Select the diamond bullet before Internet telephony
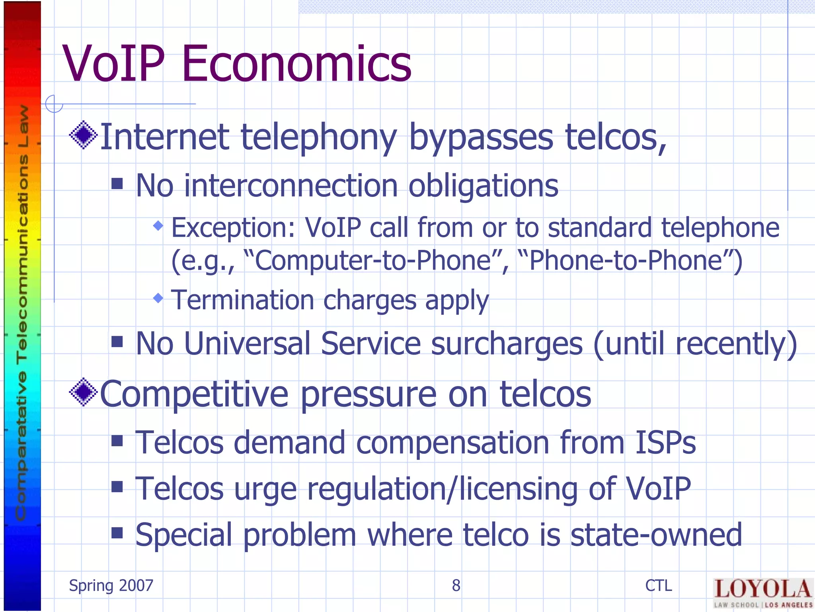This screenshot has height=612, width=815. point(83,135)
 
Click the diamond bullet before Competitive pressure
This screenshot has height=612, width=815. point(83,392)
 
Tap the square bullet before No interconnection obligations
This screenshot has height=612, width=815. point(117,184)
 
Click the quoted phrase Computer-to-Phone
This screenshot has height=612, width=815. point(373,261)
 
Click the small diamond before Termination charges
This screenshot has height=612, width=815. point(158,298)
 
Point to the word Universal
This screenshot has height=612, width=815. point(247,343)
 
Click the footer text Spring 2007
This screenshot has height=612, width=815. point(111,586)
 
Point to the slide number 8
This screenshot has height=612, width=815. point(456,586)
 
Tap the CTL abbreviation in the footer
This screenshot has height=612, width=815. point(659,586)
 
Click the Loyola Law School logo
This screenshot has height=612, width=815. point(762,593)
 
